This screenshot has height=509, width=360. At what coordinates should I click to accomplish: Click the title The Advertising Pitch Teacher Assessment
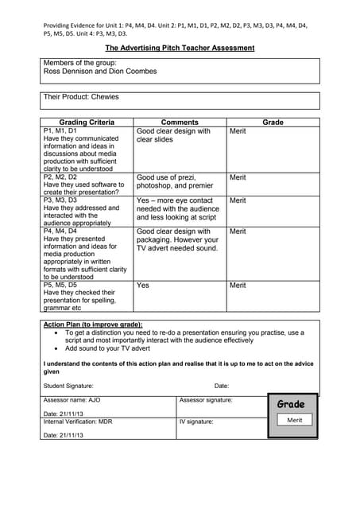[x=180, y=48]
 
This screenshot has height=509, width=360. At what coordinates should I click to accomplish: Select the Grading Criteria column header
[x=87, y=122]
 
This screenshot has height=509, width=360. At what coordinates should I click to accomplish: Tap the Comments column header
[x=179, y=122]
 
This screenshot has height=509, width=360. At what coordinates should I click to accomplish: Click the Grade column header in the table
[x=273, y=122]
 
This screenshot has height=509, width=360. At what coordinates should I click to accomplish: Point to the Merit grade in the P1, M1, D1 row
[x=238, y=131]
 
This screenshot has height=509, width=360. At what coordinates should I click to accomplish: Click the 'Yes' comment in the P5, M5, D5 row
[x=143, y=285]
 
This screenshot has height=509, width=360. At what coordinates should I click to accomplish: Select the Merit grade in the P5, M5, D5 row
[x=238, y=285]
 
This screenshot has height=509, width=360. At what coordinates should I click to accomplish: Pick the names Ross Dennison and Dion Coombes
[x=100, y=71]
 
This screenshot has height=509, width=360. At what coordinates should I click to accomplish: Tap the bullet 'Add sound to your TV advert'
[x=108, y=348]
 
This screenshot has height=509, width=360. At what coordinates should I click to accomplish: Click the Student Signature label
[x=68, y=386]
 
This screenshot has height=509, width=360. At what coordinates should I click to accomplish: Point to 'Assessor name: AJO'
[x=72, y=400]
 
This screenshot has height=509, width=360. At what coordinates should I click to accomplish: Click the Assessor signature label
[x=206, y=400]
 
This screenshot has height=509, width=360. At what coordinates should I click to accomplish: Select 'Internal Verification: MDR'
[x=78, y=422]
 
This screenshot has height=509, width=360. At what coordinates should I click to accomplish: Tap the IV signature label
[x=196, y=422]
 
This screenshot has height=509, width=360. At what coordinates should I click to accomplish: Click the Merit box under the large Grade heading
[x=295, y=420]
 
